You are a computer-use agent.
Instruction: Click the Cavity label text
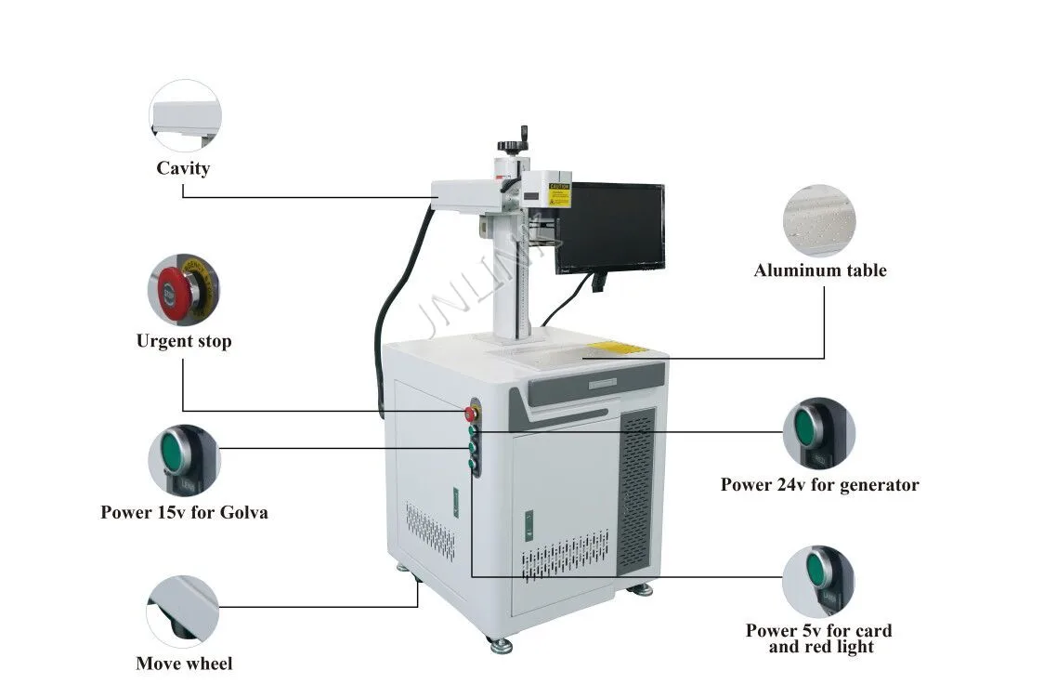[x=183, y=168]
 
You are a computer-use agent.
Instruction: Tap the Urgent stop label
[x=184, y=341]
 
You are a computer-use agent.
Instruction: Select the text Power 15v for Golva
[x=184, y=512]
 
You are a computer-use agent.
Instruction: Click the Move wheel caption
[x=184, y=664]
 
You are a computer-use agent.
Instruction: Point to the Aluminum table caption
[x=820, y=270]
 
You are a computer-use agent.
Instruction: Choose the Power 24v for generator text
[x=819, y=484]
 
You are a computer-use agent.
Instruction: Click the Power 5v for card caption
[x=818, y=631]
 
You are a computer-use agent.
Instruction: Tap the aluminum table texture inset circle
[x=819, y=219]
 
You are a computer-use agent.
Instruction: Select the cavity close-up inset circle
[x=186, y=116]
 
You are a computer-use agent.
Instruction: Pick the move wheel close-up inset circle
[x=183, y=611]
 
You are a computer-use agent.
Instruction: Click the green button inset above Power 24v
[x=818, y=434]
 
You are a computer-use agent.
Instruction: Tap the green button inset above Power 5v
[x=818, y=581]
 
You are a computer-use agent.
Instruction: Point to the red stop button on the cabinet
[x=471, y=413]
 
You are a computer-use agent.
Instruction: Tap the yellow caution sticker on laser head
[x=559, y=193]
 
